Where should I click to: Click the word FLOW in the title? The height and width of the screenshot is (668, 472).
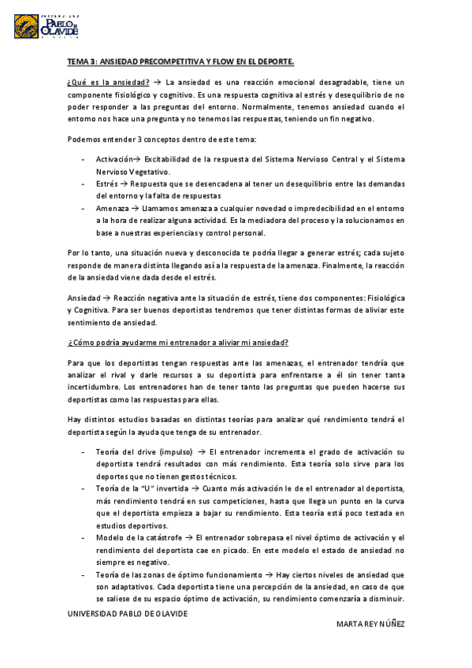click(x=223, y=61)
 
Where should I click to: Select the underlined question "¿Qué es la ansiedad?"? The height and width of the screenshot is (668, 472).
click(x=108, y=82)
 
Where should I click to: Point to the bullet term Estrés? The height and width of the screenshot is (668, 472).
click(x=108, y=183)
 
